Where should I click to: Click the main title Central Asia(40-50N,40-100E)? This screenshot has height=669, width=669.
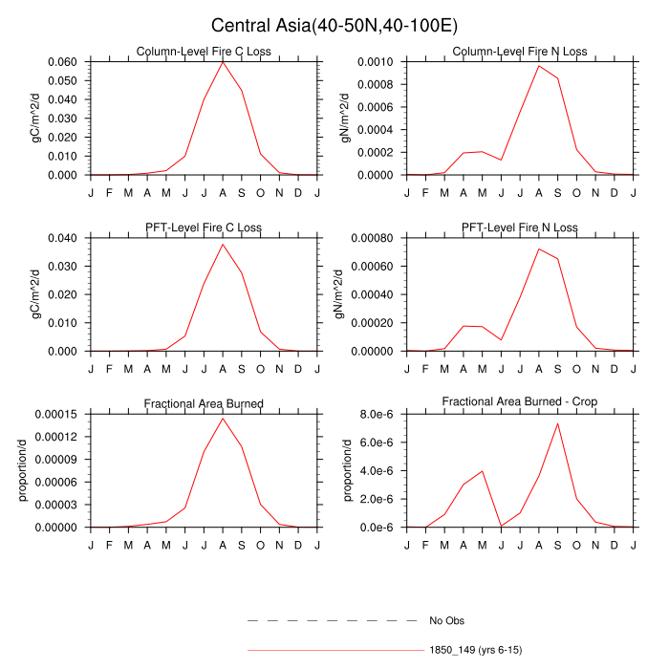pyautogui.click(x=334, y=25)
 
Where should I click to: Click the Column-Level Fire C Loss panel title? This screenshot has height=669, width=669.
pyautogui.click(x=204, y=52)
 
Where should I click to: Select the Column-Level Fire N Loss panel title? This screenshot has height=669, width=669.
pyautogui.click(x=520, y=52)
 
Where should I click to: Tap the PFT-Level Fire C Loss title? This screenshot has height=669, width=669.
pyautogui.click(x=204, y=227)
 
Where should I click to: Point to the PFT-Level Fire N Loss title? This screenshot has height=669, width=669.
pyautogui.click(x=520, y=227)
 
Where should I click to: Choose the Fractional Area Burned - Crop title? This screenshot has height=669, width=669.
pyautogui.click(x=520, y=402)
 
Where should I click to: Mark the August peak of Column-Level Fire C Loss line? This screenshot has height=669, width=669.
pyautogui.click(x=223, y=61)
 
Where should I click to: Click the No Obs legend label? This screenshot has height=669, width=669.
pyautogui.click(x=447, y=621)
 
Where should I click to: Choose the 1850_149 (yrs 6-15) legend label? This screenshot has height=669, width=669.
pyautogui.click(x=475, y=650)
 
